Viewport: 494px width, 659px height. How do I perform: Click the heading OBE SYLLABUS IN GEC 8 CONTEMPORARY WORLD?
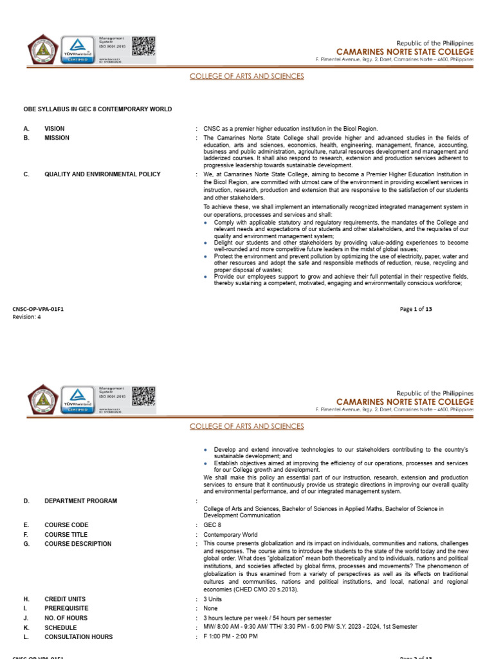pos(98,109)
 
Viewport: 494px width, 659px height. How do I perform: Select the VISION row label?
pos(55,129)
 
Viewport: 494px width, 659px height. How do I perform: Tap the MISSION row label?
pos(57,138)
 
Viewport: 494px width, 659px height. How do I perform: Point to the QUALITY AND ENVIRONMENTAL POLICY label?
pos(102,174)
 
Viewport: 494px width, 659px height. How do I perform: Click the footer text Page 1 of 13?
pos(416,309)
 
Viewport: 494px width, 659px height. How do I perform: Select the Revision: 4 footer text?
pos(27,316)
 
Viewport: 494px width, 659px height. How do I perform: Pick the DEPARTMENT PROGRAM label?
pos(80,501)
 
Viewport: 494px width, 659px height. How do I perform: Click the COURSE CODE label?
pos(66,525)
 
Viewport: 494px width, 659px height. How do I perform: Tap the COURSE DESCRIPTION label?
pos(78,544)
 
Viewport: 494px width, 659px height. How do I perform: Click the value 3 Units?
pos(213,599)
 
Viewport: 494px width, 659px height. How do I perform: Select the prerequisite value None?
pos(211,608)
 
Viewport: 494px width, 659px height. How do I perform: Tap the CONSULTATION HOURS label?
pos(78,636)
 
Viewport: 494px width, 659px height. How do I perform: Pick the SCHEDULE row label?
pos(60,627)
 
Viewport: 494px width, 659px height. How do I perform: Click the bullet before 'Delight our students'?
pos(206,243)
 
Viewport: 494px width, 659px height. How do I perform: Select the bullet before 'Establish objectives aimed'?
pos(206,463)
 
